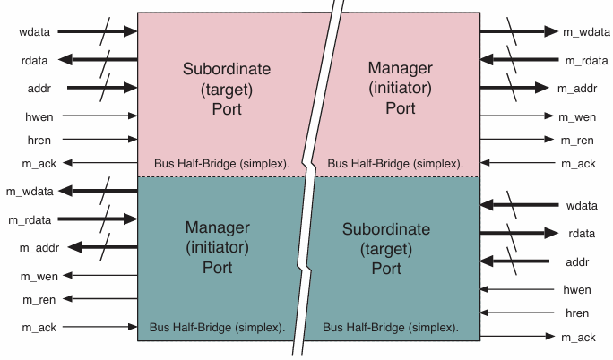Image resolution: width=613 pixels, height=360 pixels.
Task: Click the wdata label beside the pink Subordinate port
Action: tap(35, 32)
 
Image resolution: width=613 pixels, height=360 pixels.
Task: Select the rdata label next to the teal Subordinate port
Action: tap(577, 234)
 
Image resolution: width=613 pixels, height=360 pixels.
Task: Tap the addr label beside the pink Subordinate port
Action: tap(35, 88)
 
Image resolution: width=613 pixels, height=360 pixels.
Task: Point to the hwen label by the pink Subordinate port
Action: tap(35, 116)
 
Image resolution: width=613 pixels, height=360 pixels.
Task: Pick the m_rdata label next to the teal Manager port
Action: tap(30, 219)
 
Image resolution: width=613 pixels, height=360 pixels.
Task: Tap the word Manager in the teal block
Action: tap(217, 227)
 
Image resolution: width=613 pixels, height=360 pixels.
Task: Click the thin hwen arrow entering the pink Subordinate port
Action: tap(99, 116)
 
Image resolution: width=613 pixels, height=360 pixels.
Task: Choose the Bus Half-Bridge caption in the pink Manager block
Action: tap(395, 164)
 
